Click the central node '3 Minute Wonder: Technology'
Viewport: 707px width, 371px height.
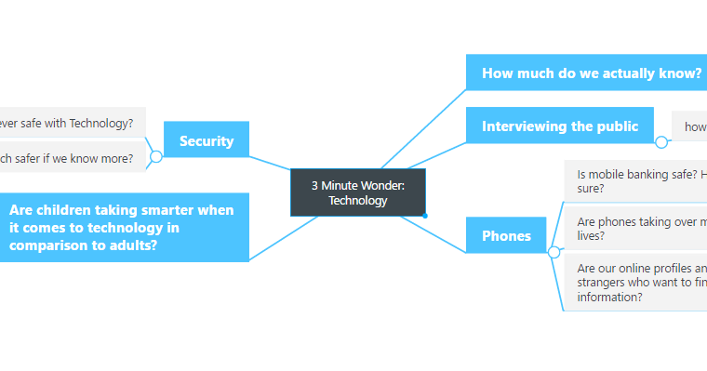(x=357, y=192)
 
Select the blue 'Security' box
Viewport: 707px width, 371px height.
(x=206, y=141)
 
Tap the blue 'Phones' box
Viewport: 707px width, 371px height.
(x=506, y=236)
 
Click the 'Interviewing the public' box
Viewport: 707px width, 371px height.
(x=559, y=126)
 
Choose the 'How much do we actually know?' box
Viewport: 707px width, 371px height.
(x=586, y=73)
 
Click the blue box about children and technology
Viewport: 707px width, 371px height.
(x=123, y=227)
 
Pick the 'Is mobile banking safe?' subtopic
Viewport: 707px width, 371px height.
(x=637, y=180)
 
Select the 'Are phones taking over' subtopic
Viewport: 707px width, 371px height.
(x=637, y=229)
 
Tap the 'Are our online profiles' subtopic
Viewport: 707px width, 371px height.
(x=637, y=283)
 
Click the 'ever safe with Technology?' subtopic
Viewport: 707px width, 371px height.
(x=71, y=122)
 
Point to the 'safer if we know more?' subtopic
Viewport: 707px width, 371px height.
(x=71, y=158)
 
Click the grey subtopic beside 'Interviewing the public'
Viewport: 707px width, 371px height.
(x=690, y=126)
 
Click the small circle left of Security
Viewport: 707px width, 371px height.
(x=156, y=157)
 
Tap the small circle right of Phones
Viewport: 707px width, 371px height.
(x=554, y=252)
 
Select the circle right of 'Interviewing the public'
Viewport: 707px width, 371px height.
(x=661, y=142)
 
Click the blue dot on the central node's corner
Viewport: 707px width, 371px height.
(x=425, y=216)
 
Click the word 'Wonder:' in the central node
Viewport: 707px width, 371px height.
(x=382, y=185)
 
